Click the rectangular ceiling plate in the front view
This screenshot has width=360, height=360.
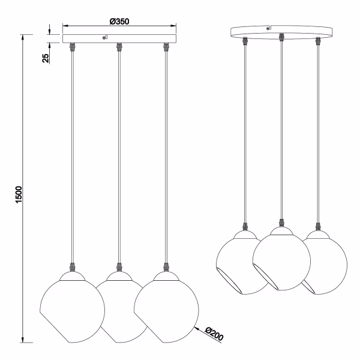tap(120, 38)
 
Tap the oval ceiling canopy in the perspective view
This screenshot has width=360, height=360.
tap(282, 30)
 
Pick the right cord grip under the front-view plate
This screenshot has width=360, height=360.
tap(166, 46)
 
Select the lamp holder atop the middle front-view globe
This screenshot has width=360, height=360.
tap(119, 266)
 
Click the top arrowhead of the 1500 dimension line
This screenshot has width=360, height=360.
tap(23, 38)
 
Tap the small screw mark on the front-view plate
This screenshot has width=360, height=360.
tap(106, 38)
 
